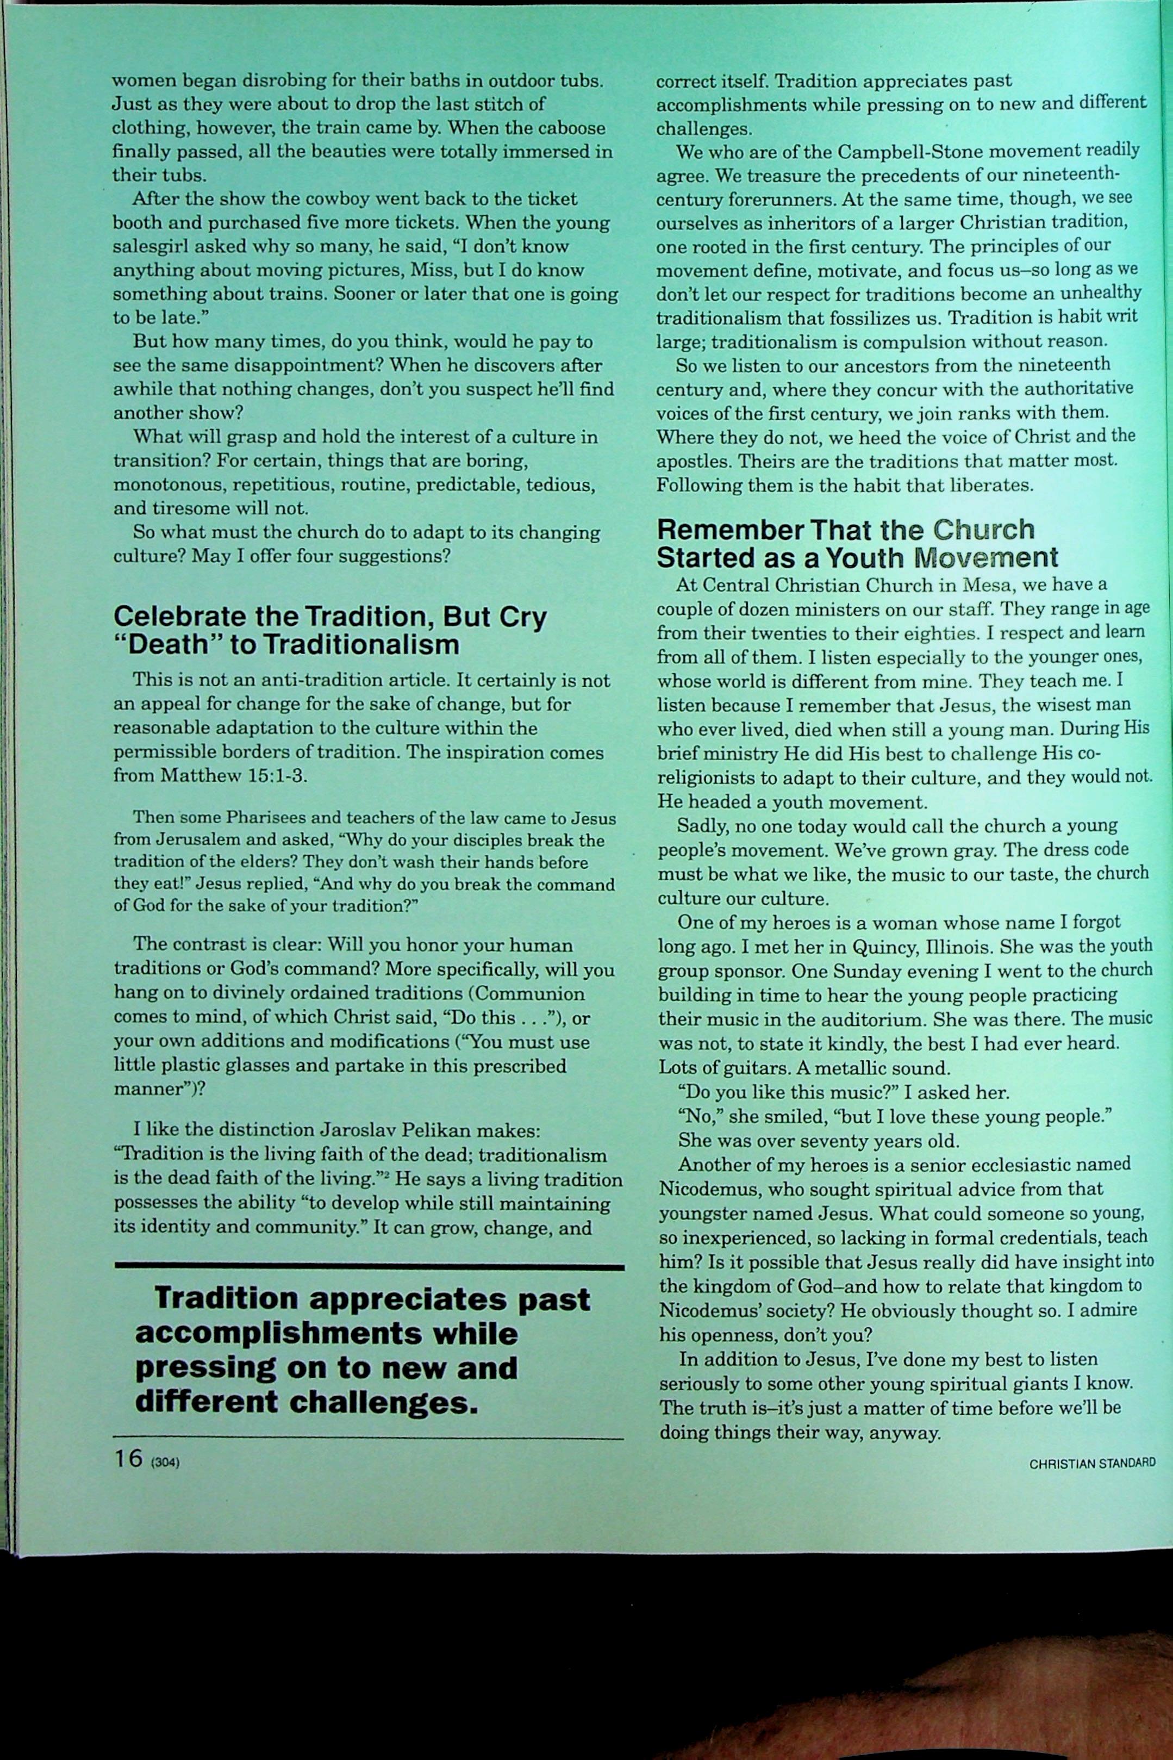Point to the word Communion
pyautogui.click(x=531, y=994)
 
